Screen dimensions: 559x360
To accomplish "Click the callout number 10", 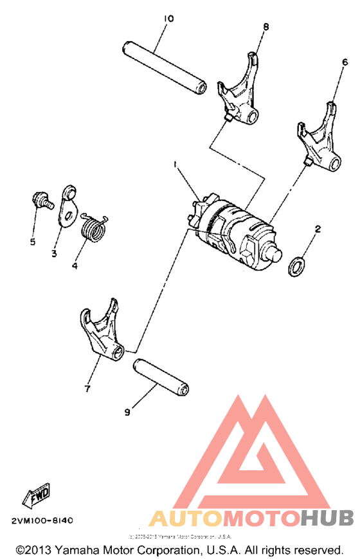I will coord(168,19).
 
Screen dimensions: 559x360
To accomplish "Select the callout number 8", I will coord(265,26).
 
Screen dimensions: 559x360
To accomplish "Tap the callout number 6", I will coord(345,62).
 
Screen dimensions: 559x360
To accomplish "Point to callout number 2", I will coord(317,228).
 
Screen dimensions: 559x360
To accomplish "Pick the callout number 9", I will coord(127,412).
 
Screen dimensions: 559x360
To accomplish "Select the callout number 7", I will coord(87,388).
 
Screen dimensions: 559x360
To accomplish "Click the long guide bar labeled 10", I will coord(165,67).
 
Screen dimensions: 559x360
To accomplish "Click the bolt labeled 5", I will coord(40,199).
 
